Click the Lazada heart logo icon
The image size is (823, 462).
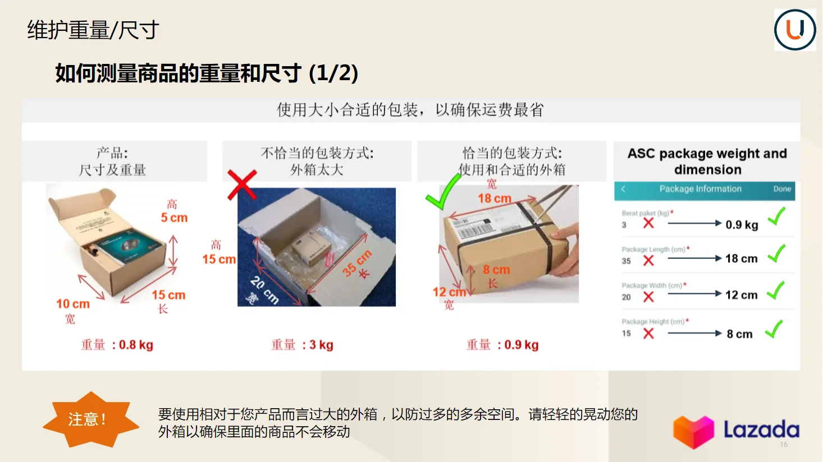click(x=693, y=432)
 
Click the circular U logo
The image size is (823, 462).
click(x=795, y=30)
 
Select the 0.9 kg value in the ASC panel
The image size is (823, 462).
click(x=742, y=225)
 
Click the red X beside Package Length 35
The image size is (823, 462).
click(x=648, y=260)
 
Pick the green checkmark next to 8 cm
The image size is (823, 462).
click(x=774, y=330)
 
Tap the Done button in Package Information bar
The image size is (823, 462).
click(x=781, y=189)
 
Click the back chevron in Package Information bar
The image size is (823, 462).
click(x=623, y=189)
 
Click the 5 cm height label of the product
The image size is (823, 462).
click(x=174, y=218)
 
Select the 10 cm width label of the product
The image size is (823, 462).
click(x=73, y=304)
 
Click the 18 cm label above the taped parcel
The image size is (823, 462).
click(x=494, y=198)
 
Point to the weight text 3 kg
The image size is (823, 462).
click(x=321, y=345)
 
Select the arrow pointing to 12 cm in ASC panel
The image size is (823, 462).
click(x=694, y=293)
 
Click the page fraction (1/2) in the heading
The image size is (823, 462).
click(x=333, y=73)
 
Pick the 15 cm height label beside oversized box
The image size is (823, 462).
click(x=219, y=259)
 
